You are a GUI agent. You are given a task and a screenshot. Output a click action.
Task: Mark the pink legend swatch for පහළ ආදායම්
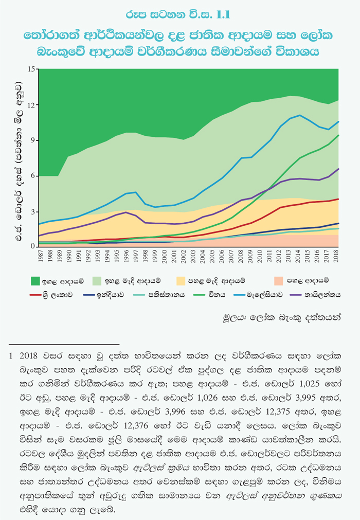[x=277, y=281]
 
